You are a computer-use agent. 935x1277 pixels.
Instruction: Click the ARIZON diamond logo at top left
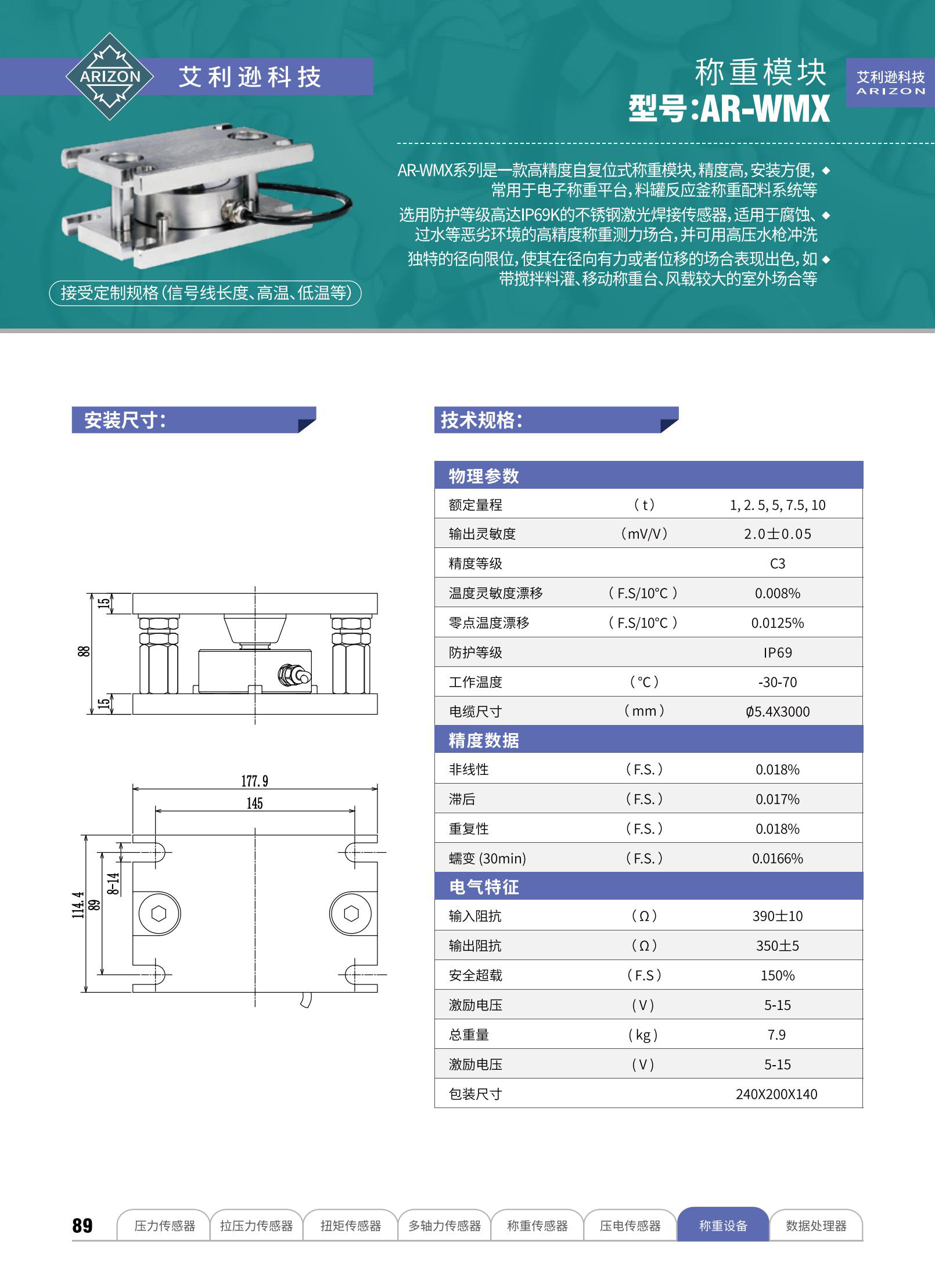tap(110, 77)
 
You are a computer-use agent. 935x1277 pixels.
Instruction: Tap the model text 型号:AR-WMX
tap(729, 108)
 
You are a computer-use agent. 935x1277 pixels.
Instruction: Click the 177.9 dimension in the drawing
tap(254, 781)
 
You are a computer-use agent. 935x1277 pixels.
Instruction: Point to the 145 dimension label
tap(254, 803)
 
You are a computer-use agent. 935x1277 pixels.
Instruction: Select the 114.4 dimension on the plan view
tap(78, 905)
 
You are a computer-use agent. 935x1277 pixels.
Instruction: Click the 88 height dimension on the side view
tap(84, 651)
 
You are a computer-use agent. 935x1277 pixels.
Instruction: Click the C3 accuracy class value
tap(777, 564)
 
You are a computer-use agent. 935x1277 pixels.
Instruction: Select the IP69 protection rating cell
tap(777, 652)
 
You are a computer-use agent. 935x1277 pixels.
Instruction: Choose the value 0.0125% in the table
tap(777, 623)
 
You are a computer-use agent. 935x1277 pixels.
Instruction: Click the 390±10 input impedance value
tap(777, 916)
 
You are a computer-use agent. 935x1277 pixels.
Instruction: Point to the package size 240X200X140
tap(776, 1094)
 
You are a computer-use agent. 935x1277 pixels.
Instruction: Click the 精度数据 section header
tap(484, 740)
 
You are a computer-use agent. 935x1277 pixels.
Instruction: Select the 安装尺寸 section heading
tap(125, 420)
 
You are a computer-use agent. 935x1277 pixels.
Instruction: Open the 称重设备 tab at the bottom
tap(723, 1225)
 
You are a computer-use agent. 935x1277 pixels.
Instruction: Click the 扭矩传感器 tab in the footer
tap(351, 1225)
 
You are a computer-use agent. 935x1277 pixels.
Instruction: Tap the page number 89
tap(82, 1225)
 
